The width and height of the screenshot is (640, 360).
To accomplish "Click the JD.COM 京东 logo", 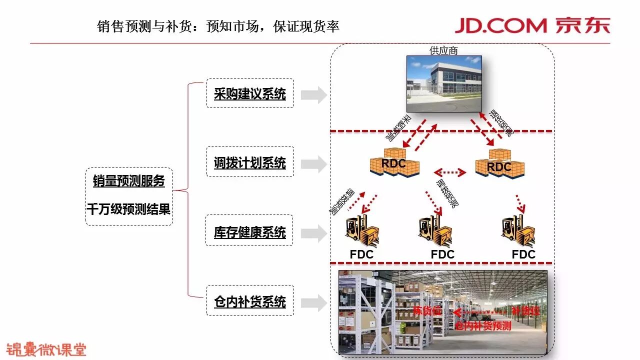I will click(532, 25).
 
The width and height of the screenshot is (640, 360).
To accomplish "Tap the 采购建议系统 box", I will click(250, 93).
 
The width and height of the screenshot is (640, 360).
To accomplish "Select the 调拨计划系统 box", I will click(250, 162).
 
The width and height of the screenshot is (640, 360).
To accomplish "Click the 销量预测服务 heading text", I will click(129, 181).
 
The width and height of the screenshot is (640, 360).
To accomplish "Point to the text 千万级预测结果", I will click(129, 209).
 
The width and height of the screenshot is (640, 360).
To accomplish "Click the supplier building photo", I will click(444, 83).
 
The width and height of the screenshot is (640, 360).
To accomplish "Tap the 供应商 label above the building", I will click(443, 50).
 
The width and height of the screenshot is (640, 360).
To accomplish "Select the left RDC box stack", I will click(394, 162).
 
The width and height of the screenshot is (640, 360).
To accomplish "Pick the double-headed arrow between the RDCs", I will click(450, 172).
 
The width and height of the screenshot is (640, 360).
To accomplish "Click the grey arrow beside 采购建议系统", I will click(314, 94).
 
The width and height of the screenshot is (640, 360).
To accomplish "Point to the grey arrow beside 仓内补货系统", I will click(314, 302).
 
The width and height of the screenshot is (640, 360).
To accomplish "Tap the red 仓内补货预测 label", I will click(483, 326).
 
